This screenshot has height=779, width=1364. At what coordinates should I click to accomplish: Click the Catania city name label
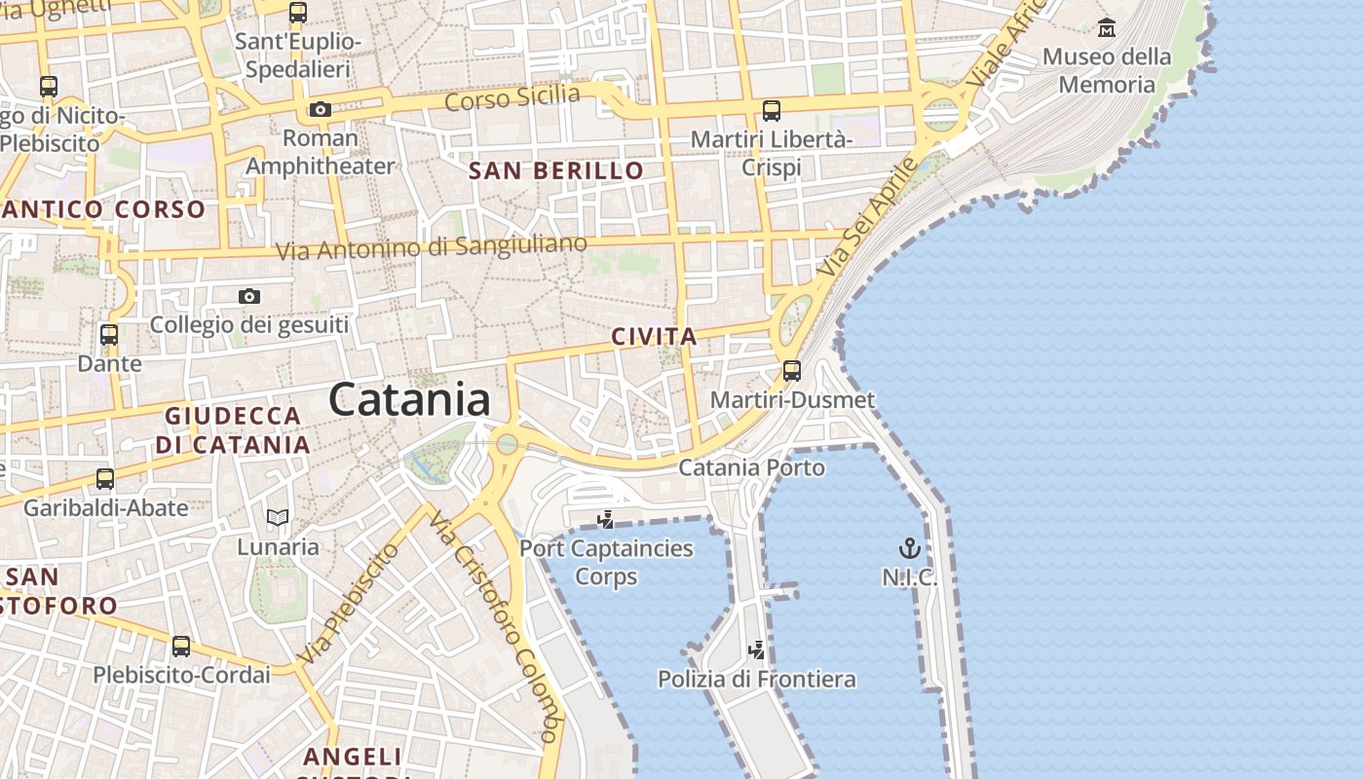coord(409,400)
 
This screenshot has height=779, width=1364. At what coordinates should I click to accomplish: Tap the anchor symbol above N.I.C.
coord(909,548)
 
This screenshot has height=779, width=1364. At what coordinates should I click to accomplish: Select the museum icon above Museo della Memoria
coord(1106,27)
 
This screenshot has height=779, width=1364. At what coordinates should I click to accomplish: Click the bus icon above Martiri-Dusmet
coord(792,371)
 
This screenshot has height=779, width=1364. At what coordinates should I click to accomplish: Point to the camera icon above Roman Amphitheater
coord(321,110)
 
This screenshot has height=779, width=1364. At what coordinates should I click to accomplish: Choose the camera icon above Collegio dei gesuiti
coord(249,296)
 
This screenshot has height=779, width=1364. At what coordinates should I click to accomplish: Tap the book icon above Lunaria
coord(278,517)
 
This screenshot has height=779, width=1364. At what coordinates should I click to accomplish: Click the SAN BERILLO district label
coord(556,171)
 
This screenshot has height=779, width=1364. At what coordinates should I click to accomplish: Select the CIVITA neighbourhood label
coord(654,337)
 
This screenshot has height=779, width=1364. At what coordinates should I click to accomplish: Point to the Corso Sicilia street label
coord(512,97)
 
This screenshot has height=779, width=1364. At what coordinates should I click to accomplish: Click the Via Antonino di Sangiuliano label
coord(432,246)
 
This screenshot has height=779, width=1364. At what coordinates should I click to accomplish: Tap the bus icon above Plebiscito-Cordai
coord(181,646)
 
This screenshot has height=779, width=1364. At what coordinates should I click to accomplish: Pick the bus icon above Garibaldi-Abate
coord(105,479)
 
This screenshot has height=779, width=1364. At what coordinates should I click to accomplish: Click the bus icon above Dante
coord(109,335)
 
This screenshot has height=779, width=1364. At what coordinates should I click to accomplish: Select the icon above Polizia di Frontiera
coord(756,649)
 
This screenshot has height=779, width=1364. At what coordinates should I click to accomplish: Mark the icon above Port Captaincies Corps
coord(605,519)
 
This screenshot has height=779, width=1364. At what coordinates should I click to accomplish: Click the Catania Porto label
coord(751,467)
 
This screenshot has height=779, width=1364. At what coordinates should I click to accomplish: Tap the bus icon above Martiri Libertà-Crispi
coord(772,110)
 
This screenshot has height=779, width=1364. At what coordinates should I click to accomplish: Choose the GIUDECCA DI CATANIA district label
coord(233,430)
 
